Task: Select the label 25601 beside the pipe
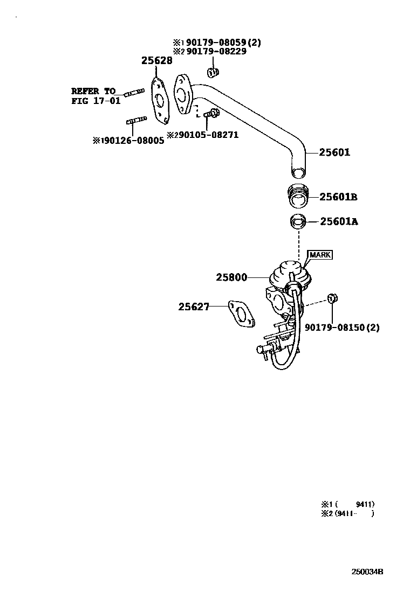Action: pyautogui.click(x=334, y=153)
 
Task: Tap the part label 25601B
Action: pyautogui.click(x=338, y=197)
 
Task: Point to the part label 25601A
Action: pyautogui.click(x=339, y=221)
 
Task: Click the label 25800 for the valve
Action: pyautogui.click(x=231, y=277)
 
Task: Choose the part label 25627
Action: pyautogui.click(x=194, y=307)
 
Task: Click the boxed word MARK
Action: pyautogui.click(x=320, y=255)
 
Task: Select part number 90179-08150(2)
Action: pyautogui.click(x=342, y=327)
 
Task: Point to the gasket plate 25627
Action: pyautogui.click(x=241, y=314)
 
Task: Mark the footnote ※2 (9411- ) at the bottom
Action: pyautogui.click(x=347, y=514)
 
